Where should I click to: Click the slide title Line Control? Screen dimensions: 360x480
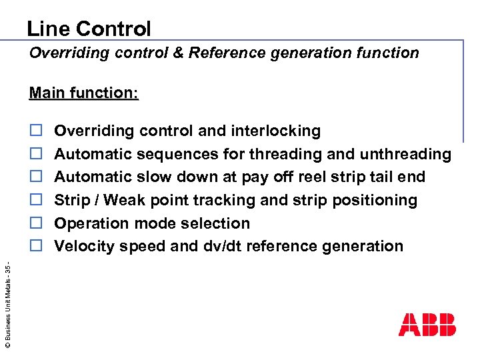89,29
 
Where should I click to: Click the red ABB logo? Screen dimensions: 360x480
427,324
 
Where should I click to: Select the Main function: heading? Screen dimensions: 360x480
84,93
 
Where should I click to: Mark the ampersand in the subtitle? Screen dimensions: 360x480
178,53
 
